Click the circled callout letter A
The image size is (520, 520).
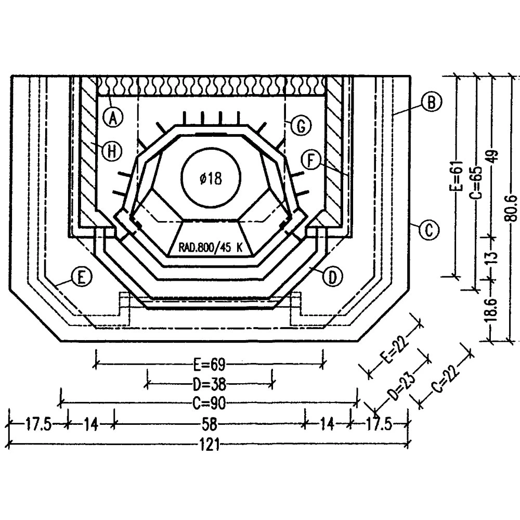tap(113, 117)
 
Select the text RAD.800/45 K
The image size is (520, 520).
tap(210, 248)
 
